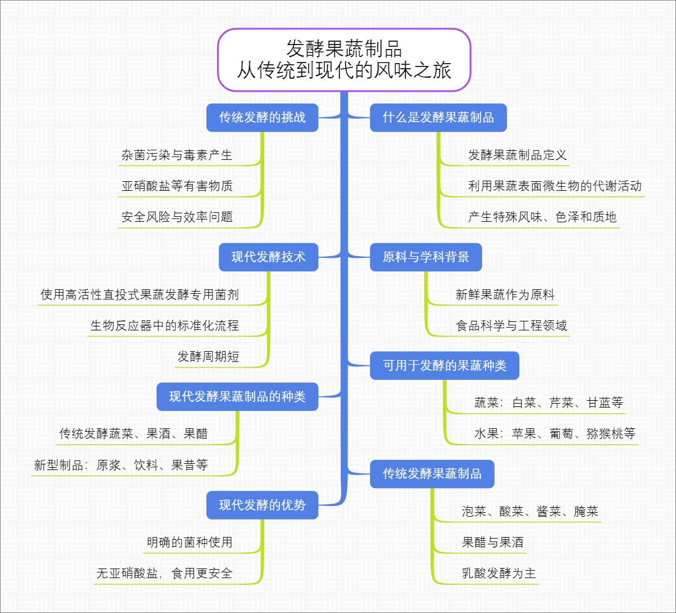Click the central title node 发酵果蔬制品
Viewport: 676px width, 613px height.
(x=344, y=59)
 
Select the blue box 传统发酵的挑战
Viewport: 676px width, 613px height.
(x=262, y=118)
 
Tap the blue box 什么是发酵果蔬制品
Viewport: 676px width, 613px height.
(x=438, y=118)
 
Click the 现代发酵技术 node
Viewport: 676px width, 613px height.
(x=268, y=257)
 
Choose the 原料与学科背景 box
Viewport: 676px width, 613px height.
(x=425, y=257)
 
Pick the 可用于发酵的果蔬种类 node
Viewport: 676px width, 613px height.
(x=444, y=365)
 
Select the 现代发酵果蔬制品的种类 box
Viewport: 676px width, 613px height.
(x=237, y=396)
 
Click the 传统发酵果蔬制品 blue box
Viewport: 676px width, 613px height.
(x=432, y=473)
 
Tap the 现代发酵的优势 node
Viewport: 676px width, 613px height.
(x=262, y=505)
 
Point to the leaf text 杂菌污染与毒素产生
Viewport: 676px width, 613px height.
(x=177, y=155)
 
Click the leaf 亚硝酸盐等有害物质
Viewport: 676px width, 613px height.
(x=177, y=186)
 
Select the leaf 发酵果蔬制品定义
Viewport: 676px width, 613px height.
(x=517, y=155)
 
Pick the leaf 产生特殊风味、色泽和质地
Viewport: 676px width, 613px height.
(x=542, y=217)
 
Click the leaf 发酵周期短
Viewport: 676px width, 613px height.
(x=208, y=357)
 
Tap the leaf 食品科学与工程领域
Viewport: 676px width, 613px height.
(x=511, y=326)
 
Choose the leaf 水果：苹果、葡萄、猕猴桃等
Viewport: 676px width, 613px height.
(x=554, y=434)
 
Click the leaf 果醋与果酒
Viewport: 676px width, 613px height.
(x=492, y=543)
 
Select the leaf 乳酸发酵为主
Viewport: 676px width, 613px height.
(x=499, y=574)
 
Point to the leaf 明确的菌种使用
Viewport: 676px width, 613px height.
(x=189, y=543)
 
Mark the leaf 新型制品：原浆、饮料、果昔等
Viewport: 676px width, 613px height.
(x=121, y=466)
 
